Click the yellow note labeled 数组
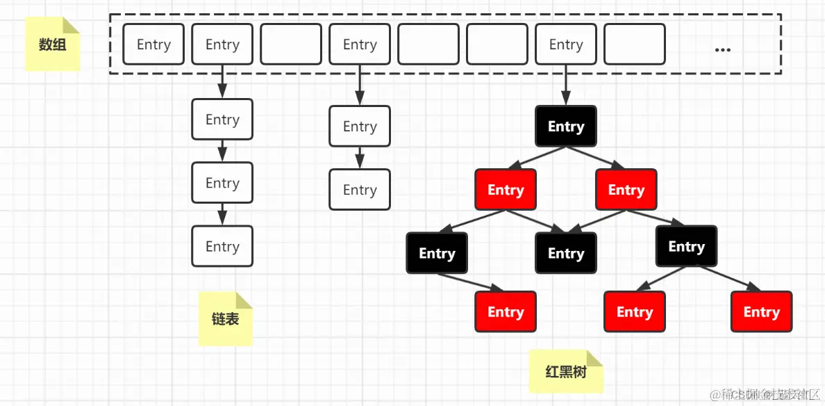[53, 44]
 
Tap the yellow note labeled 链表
[225, 319]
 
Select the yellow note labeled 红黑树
[566, 371]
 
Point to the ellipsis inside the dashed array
[722, 49]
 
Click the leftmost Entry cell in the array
[153, 44]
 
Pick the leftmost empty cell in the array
[291, 44]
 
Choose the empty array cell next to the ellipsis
[634, 44]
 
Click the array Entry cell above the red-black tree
[566, 44]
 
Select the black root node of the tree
[566, 127]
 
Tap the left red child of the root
[506, 190]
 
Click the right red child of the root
[626, 190]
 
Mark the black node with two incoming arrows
[566, 253]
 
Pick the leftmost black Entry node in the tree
[437, 253]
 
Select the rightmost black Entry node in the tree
[686, 247]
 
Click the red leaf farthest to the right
[761, 312]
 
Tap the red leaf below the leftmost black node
[506, 312]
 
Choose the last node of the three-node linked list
[222, 247]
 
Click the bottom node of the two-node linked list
[360, 190]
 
